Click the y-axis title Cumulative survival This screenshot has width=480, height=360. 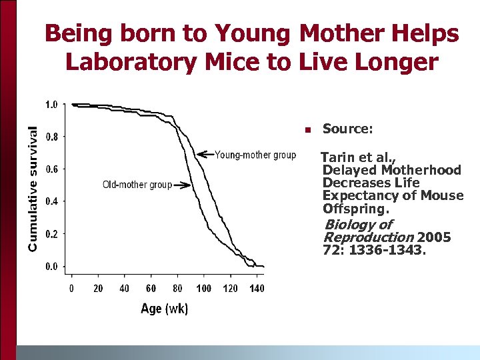point(32,190)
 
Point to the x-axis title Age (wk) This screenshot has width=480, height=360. point(164,308)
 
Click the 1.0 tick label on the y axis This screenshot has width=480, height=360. point(51,105)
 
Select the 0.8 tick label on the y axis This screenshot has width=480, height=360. point(51,137)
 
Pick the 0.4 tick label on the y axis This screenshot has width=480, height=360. point(51,201)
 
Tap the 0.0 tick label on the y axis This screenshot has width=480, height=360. point(51,266)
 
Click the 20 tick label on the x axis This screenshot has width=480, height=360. point(98,288)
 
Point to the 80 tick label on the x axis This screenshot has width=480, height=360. point(177,288)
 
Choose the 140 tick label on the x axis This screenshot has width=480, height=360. point(257,288)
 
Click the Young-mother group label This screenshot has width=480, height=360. point(255,155)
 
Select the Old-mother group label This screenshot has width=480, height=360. point(137,185)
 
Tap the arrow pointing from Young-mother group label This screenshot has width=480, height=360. point(205,155)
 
